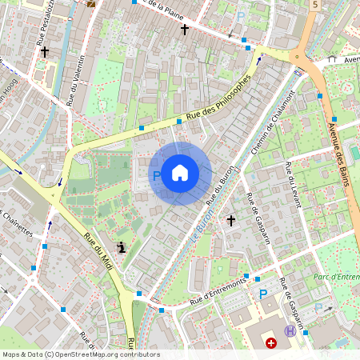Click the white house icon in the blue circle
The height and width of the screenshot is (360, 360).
tap(180, 173)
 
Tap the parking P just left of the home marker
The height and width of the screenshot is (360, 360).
tap(157, 174)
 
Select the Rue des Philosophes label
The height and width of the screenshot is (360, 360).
tap(218, 100)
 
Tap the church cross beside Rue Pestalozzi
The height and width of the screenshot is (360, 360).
tap(45, 51)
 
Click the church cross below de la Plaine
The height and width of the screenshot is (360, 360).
tap(185, 29)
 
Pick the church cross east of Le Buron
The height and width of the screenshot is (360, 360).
tap(231, 219)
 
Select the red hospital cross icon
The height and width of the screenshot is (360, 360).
tap(271, 343)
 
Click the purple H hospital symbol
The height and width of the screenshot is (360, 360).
tap(290, 330)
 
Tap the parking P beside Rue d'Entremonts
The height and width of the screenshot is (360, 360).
tap(262, 294)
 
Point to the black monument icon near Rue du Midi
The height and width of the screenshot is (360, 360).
tap(121, 247)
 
